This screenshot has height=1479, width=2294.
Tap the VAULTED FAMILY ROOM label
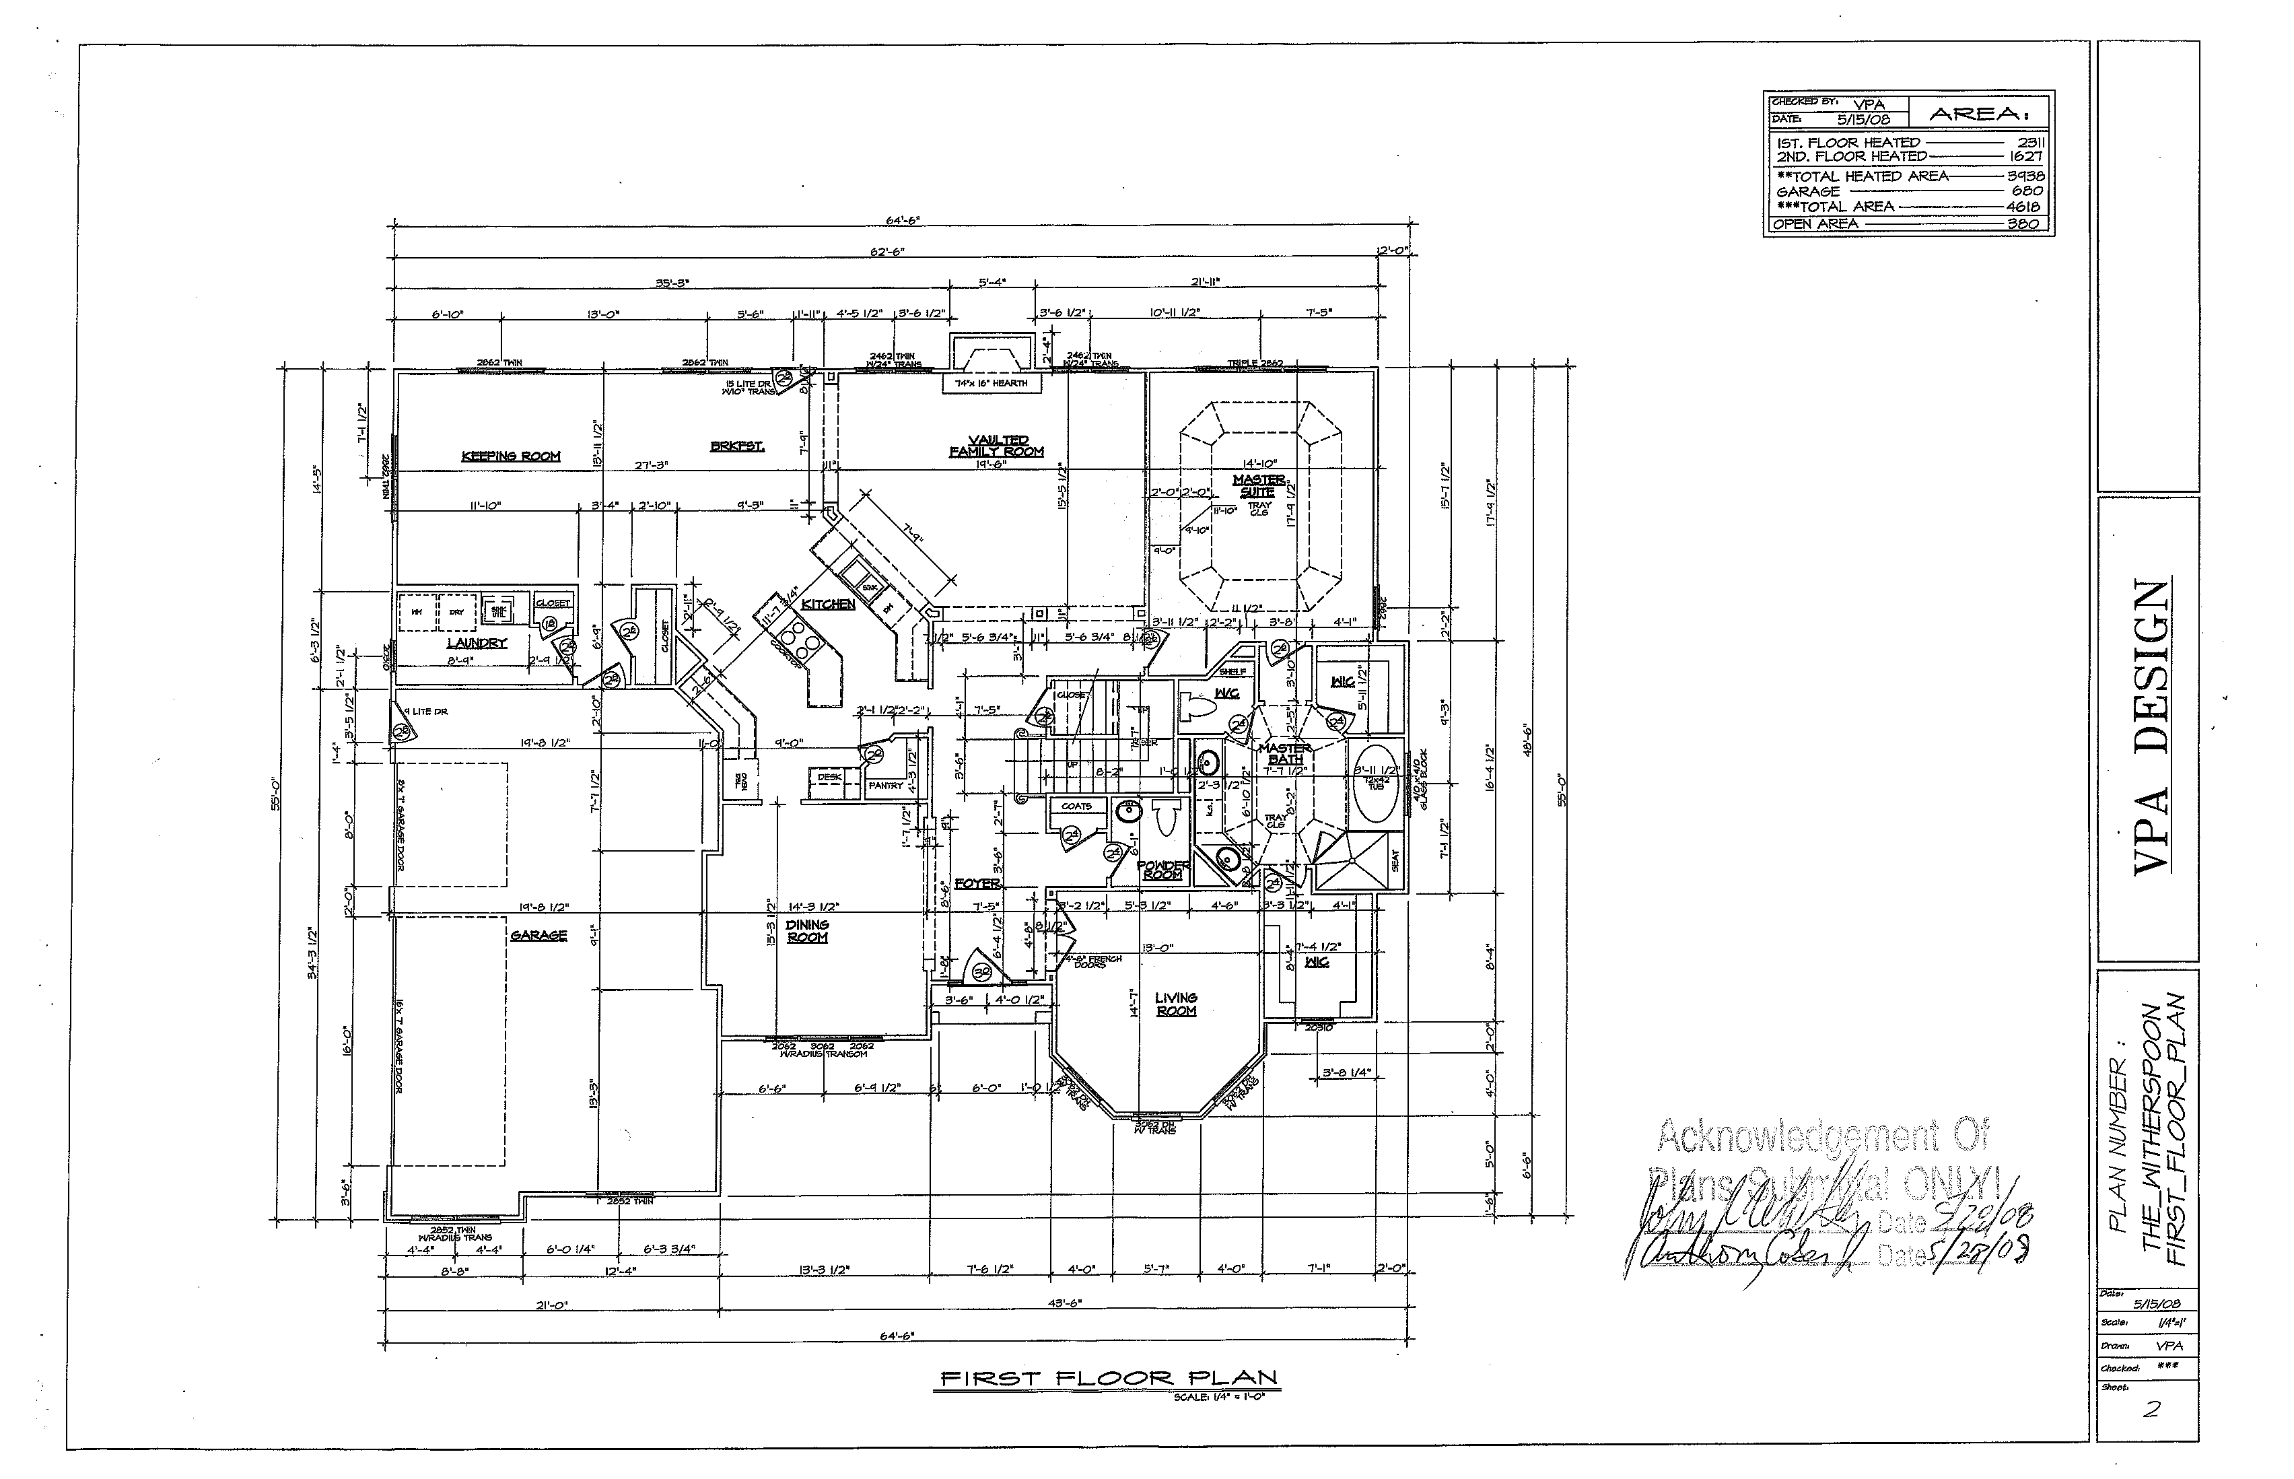[x=997, y=446]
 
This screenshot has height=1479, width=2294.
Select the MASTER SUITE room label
[x=1258, y=485]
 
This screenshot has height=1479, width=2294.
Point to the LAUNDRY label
[x=477, y=642]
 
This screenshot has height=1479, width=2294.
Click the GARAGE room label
[x=538, y=934]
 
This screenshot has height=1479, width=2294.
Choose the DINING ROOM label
[x=806, y=930]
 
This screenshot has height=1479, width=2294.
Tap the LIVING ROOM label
[x=1175, y=1004]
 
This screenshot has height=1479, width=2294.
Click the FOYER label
[x=977, y=883]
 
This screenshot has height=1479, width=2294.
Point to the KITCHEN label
[x=828, y=604]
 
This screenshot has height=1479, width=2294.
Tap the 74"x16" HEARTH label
[x=991, y=383]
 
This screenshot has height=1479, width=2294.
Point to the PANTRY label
[x=885, y=786]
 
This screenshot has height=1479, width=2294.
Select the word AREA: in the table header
[x=1979, y=113]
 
